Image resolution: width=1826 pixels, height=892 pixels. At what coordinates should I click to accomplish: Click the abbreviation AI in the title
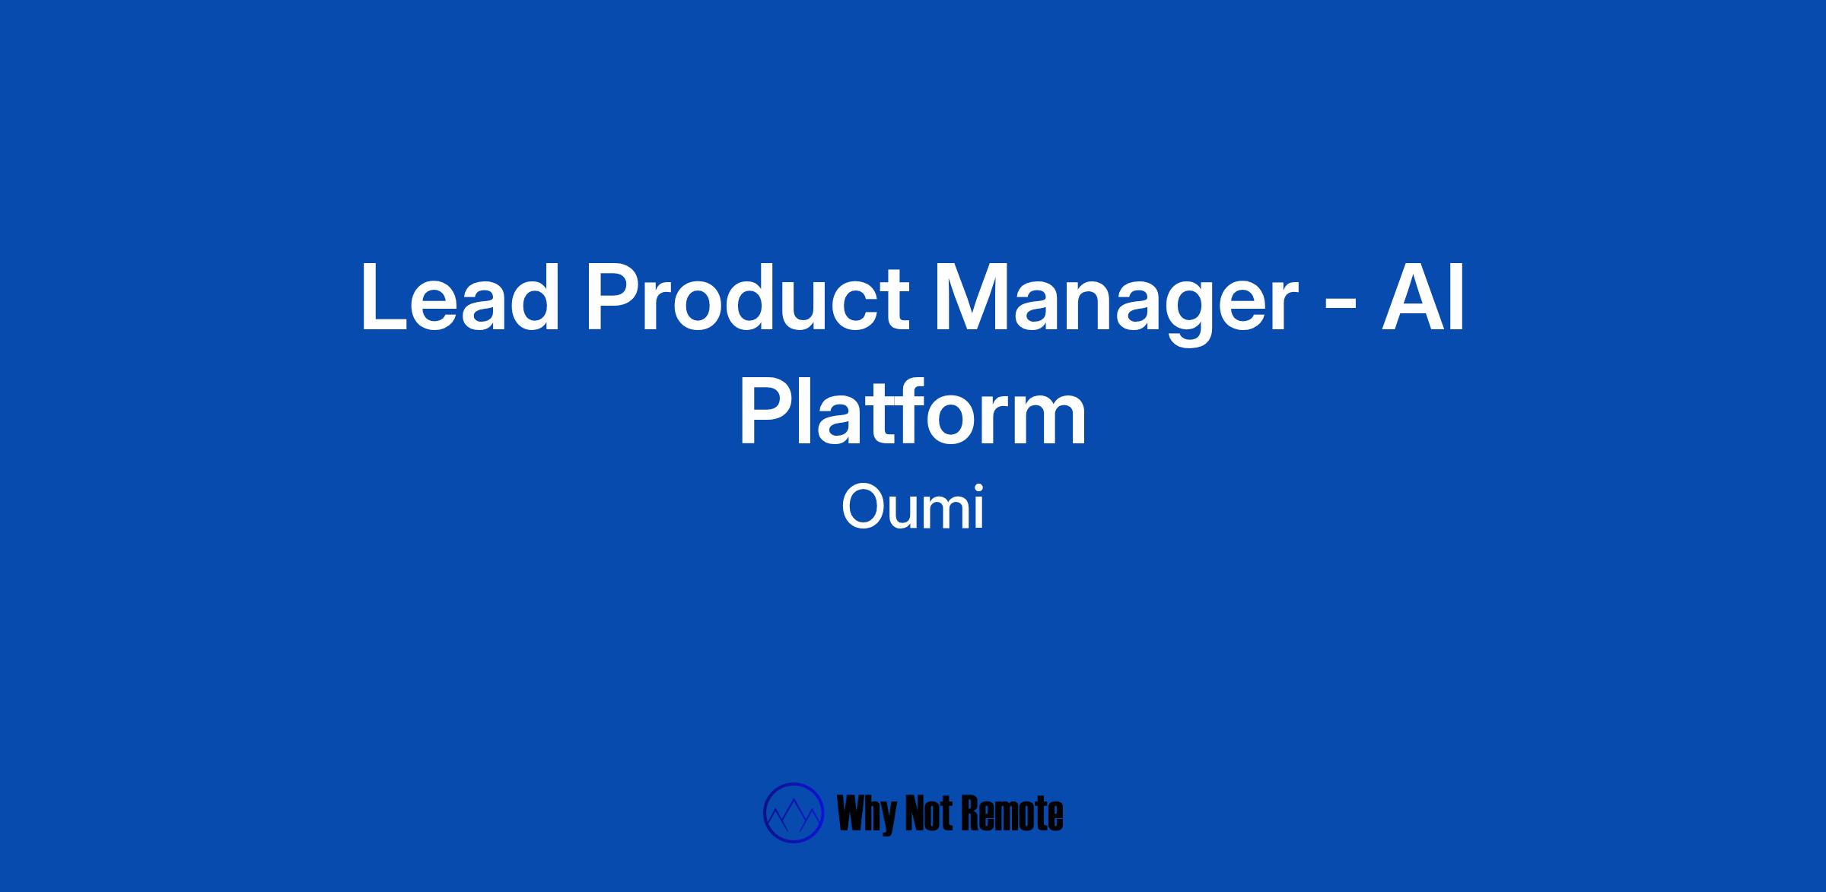[x=1423, y=297]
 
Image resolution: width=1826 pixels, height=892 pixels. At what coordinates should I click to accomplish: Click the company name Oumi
[x=913, y=508]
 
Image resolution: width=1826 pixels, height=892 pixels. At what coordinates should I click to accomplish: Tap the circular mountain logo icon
[x=794, y=813]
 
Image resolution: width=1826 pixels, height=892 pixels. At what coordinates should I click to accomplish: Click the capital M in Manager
[x=972, y=297]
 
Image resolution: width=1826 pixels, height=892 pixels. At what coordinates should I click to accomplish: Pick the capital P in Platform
[x=767, y=411]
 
